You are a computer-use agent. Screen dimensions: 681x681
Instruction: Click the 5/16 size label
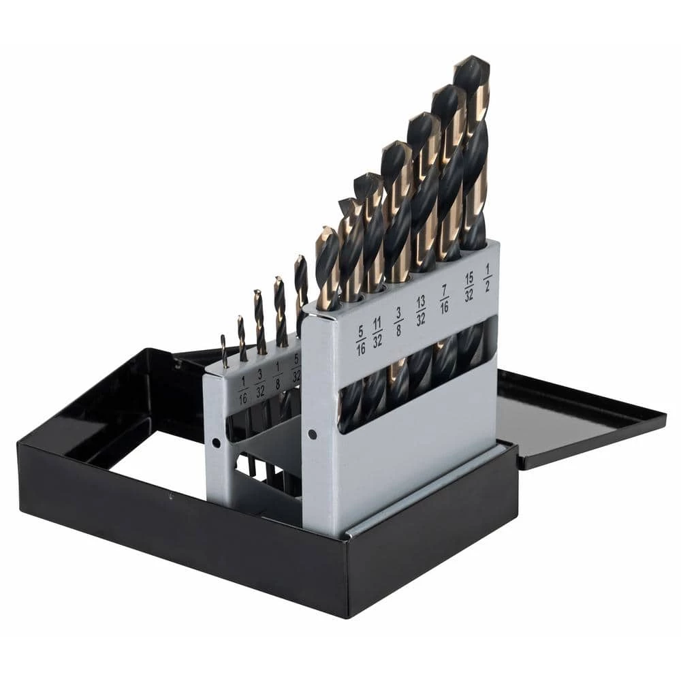coord(360,340)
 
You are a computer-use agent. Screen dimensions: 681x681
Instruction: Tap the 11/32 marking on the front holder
coord(377,333)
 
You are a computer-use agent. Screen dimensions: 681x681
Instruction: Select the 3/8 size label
coord(398,320)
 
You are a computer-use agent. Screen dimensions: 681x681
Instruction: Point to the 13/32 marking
coord(421,309)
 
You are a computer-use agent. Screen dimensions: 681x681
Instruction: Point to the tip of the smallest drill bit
coord(223,336)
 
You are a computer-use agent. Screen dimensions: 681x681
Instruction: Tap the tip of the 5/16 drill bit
coord(326,230)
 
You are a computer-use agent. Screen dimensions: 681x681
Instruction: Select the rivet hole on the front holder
coord(311,433)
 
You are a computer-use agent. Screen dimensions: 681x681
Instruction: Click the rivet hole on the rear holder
coord(216,442)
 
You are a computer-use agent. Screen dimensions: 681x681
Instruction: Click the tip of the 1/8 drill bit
coord(278,279)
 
